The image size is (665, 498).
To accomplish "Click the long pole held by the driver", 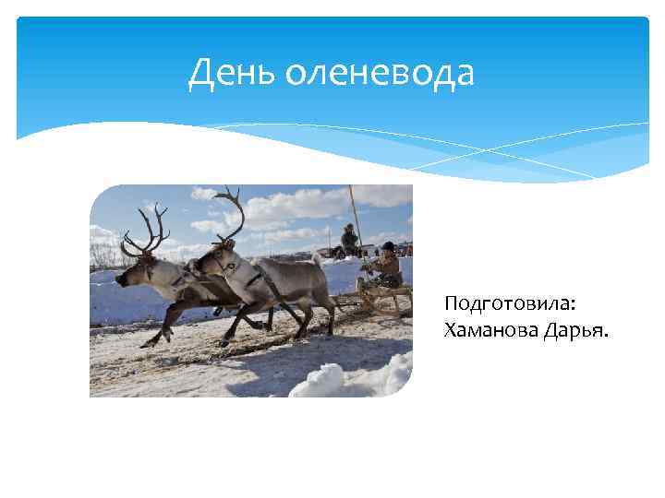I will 355,221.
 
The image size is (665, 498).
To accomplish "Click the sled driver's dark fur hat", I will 389,246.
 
